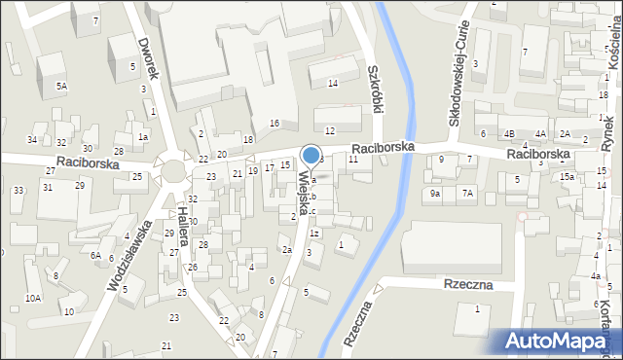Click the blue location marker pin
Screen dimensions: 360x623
click(311, 155)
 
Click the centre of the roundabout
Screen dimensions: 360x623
click(174, 171)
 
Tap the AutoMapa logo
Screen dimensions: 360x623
click(559, 342)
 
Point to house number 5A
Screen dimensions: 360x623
click(61, 87)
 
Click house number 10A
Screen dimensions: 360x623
click(33, 298)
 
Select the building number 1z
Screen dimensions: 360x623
click(313, 234)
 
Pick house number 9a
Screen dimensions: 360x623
click(436, 194)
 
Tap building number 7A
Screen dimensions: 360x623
click(468, 194)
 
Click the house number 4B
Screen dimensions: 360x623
click(508, 133)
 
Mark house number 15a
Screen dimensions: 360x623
click(567, 176)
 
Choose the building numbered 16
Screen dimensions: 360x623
click(275, 123)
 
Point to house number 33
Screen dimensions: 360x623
click(18, 190)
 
